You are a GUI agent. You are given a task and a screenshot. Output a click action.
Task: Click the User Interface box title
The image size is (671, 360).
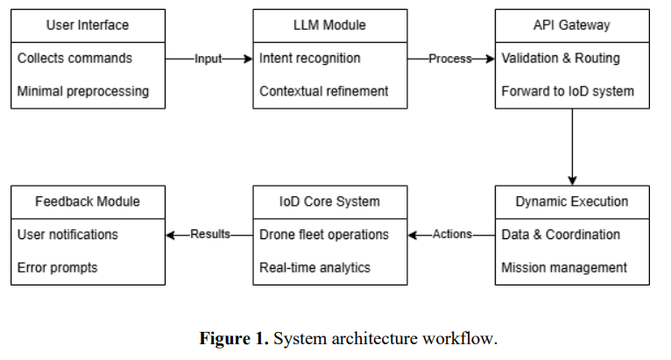88,25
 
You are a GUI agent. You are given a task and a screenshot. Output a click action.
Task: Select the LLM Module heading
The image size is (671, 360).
329,25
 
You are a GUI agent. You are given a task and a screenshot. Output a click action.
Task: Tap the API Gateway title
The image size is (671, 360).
571,25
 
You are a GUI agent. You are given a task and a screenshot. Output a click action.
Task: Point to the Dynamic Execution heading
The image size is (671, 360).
571,201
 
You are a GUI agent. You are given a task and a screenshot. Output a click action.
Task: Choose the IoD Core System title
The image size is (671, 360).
329,201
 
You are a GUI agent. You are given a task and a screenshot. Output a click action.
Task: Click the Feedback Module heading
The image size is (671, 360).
88,201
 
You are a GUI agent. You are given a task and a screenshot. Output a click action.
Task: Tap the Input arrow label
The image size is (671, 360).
208,59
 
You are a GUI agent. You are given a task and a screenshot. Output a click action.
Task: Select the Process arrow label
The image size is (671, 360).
450,59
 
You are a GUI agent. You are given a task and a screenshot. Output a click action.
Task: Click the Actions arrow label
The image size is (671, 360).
451,235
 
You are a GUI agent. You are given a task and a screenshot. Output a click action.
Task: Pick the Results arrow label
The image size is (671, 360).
209,235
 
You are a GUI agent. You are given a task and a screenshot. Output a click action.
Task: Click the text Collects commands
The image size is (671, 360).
74,59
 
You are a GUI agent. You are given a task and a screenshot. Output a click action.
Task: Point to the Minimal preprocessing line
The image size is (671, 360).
84,91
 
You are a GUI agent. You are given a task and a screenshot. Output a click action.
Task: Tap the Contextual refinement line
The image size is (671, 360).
323,91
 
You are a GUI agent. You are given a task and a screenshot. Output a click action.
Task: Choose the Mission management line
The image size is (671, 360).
563,267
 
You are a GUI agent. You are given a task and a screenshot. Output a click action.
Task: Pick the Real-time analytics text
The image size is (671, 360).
315,267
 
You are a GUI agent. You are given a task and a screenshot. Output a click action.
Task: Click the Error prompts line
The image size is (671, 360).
58,267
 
